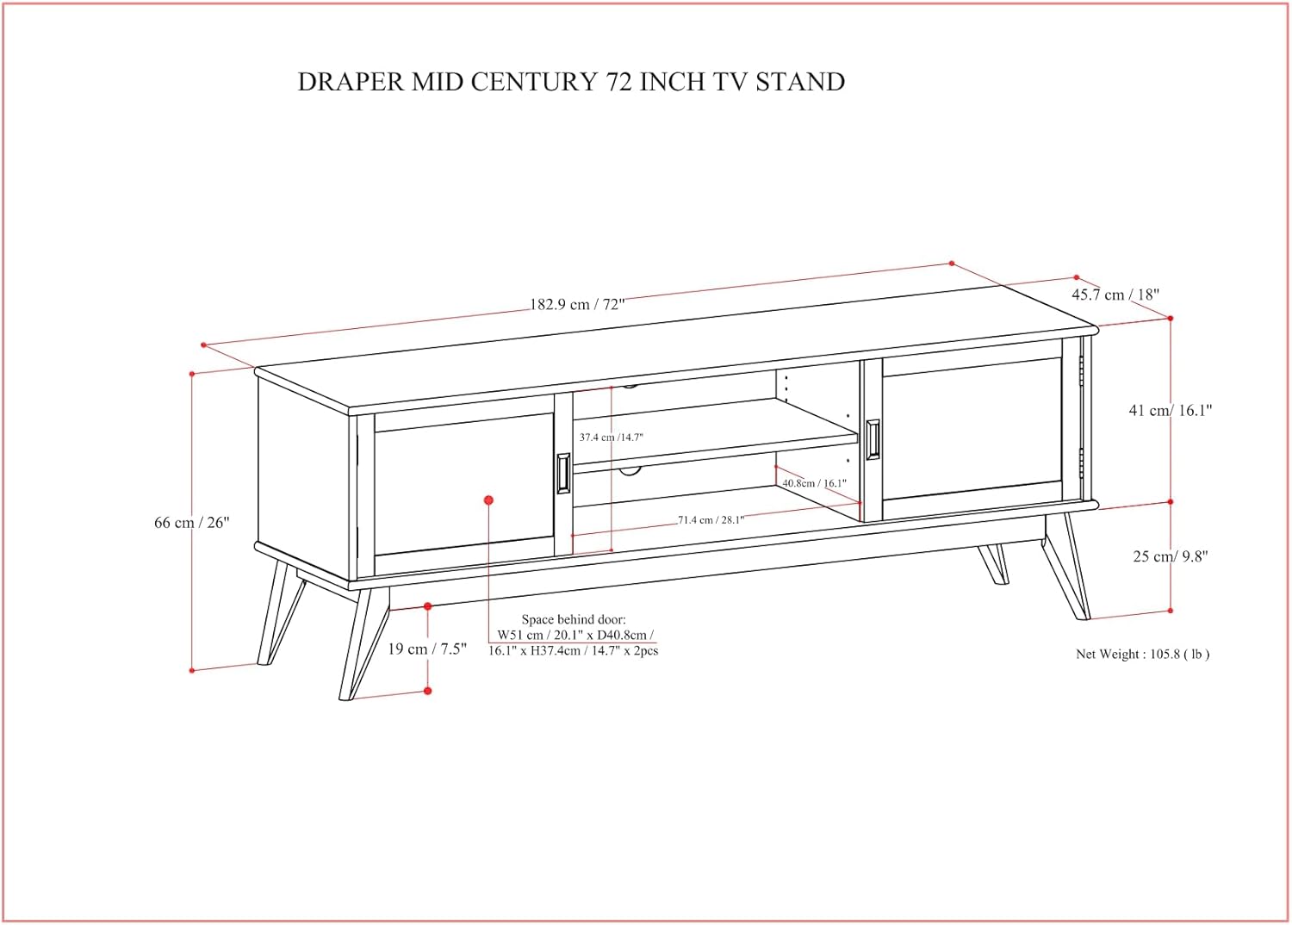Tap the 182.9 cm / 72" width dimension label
[x=577, y=304]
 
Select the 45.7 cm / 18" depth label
[x=1115, y=295]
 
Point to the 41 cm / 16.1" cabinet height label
[x=1171, y=410]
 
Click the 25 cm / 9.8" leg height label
[x=1171, y=556]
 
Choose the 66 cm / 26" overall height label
[x=191, y=522]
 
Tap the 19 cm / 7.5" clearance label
[x=427, y=649]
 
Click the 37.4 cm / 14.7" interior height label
[x=611, y=438]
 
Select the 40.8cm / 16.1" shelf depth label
[x=814, y=482]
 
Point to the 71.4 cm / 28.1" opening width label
[x=711, y=519]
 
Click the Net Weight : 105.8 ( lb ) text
[x=1143, y=654]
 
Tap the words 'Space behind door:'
[x=574, y=619]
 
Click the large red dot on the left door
[x=488, y=500]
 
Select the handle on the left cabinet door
[x=563, y=474]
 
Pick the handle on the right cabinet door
[x=873, y=440]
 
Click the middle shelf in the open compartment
[x=715, y=436]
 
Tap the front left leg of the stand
[x=363, y=643]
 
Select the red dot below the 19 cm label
[x=427, y=690]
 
